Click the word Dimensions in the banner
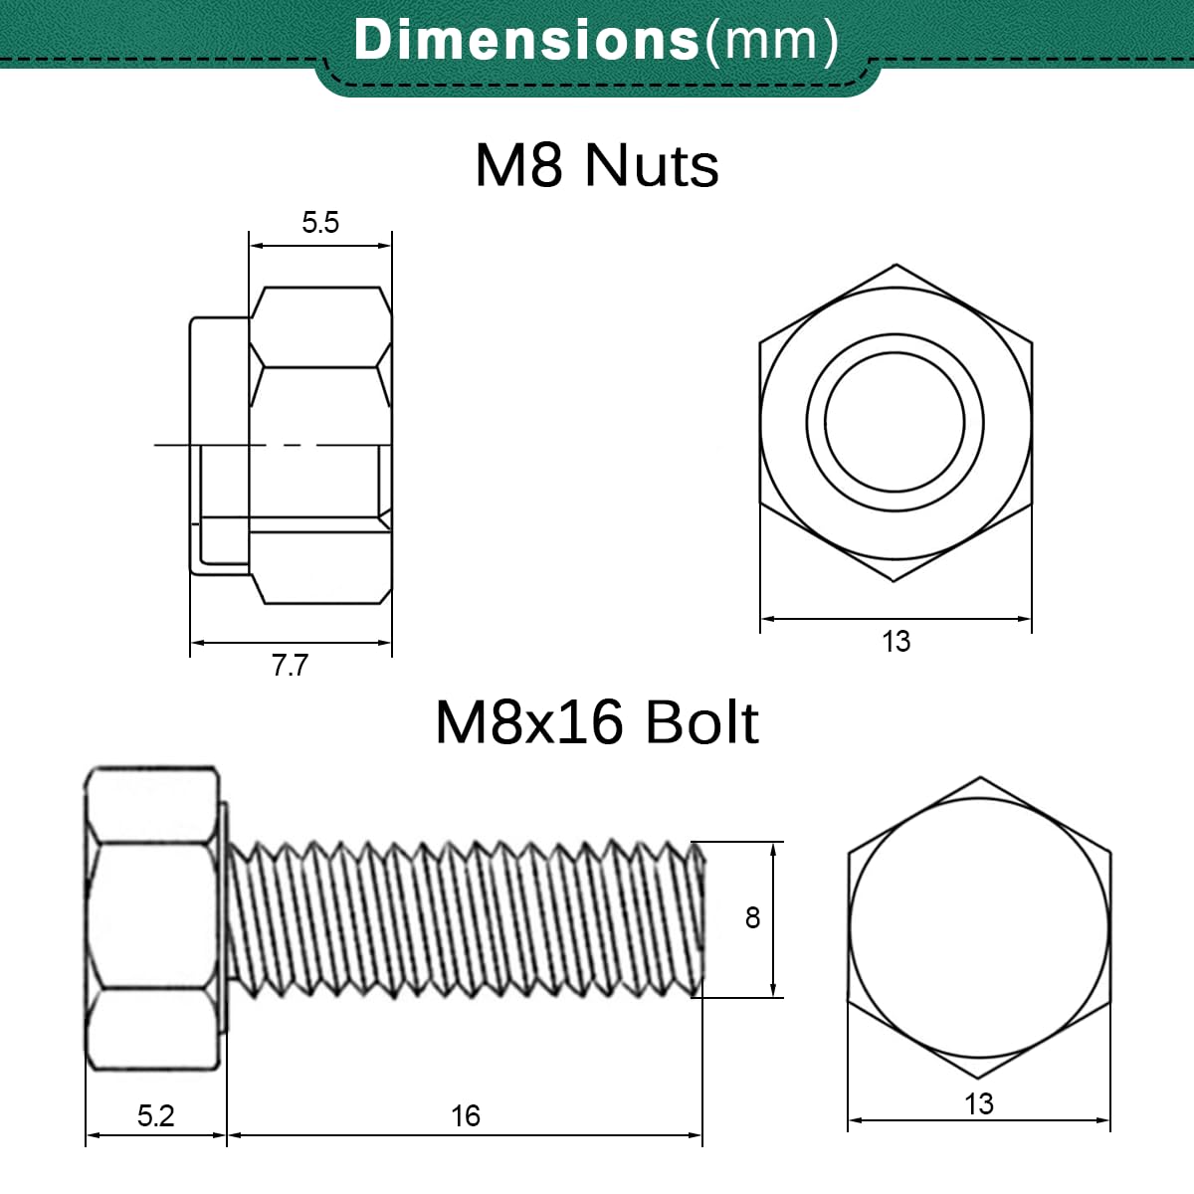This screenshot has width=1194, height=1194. click(x=526, y=39)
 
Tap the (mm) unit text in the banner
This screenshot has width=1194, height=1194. click(x=771, y=41)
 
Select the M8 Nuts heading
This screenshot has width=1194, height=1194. click(x=597, y=165)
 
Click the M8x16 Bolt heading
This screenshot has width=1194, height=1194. click(x=597, y=722)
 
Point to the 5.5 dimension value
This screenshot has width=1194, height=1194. click(x=320, y=223)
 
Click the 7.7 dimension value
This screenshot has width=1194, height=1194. click(x=290, y=666)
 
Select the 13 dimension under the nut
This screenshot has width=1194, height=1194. click(x=895, y=642)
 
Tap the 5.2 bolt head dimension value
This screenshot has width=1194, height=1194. click(x=155, y=1116)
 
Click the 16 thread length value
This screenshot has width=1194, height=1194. click(x=466, y=1116)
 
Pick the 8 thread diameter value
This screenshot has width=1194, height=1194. click(x=752, y=918)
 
